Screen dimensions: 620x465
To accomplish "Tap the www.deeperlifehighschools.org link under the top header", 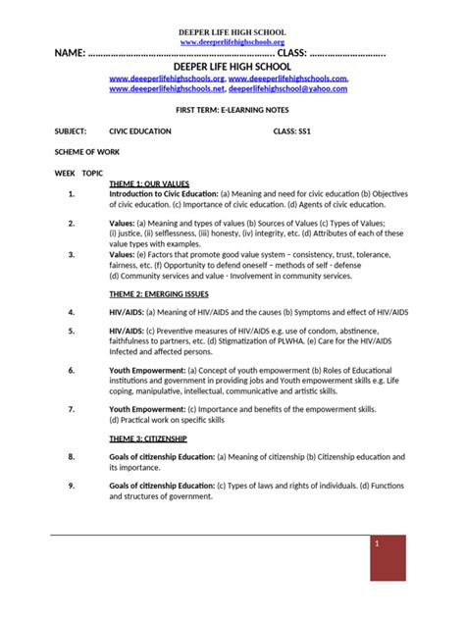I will click(232, 42).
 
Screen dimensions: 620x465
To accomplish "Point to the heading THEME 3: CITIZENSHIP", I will click(148, 439).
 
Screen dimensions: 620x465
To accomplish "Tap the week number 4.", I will click(72, 312).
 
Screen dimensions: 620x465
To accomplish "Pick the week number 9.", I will click(72, 486).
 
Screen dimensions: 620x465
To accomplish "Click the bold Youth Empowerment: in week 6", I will click(146, 370).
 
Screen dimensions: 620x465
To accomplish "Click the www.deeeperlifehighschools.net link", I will click(167, 88).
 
